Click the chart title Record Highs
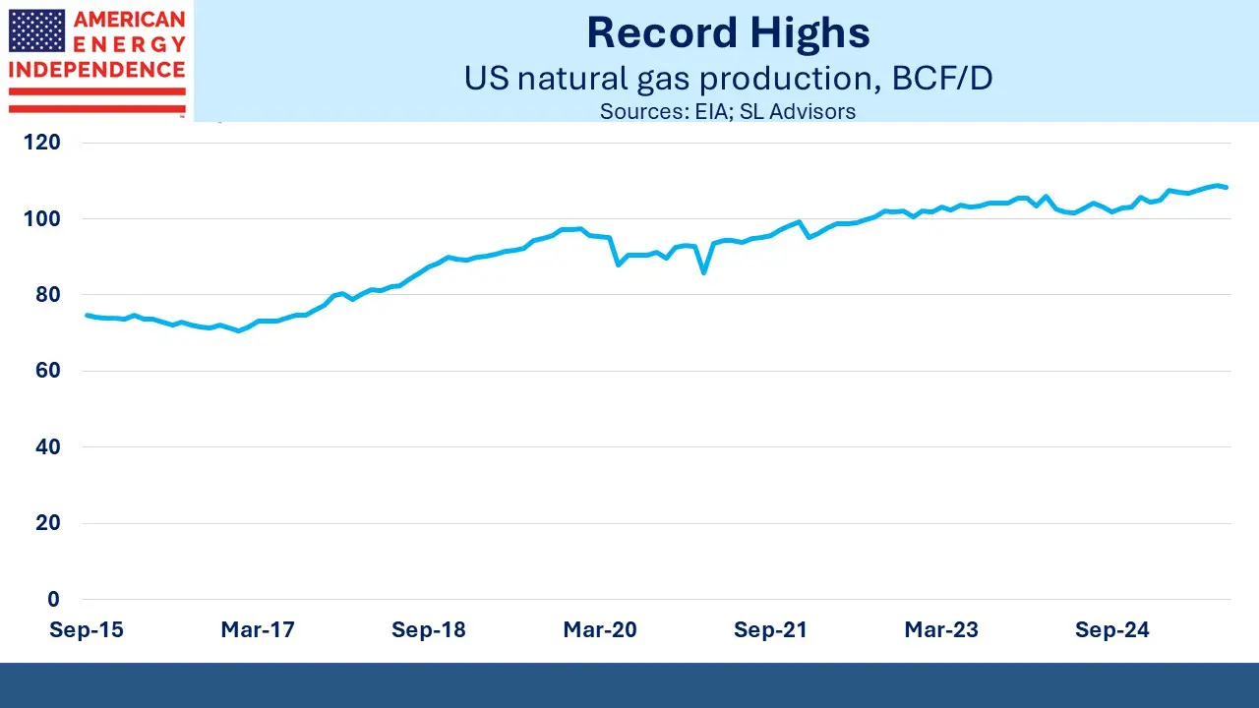pos(728,33)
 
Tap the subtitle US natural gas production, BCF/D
pos(728,79)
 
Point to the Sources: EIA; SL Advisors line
pos(728,111)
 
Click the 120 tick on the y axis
pos(41,143)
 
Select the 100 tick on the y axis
pos(41,218)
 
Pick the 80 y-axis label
pos(46,295)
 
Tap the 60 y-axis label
pos(46,371)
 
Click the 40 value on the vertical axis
pos(46,446)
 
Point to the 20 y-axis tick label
pos(46,523)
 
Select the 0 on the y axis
pos(53,599)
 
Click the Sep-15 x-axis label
pos(87,630)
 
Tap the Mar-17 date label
pos(258,630)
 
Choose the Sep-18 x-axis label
pos(428,630)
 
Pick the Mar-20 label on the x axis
pos(600,630)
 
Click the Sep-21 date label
pos(770,630)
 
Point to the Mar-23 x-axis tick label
pos(941,630)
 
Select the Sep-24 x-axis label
pos(1111,630)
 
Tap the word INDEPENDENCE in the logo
pos(96,71)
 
